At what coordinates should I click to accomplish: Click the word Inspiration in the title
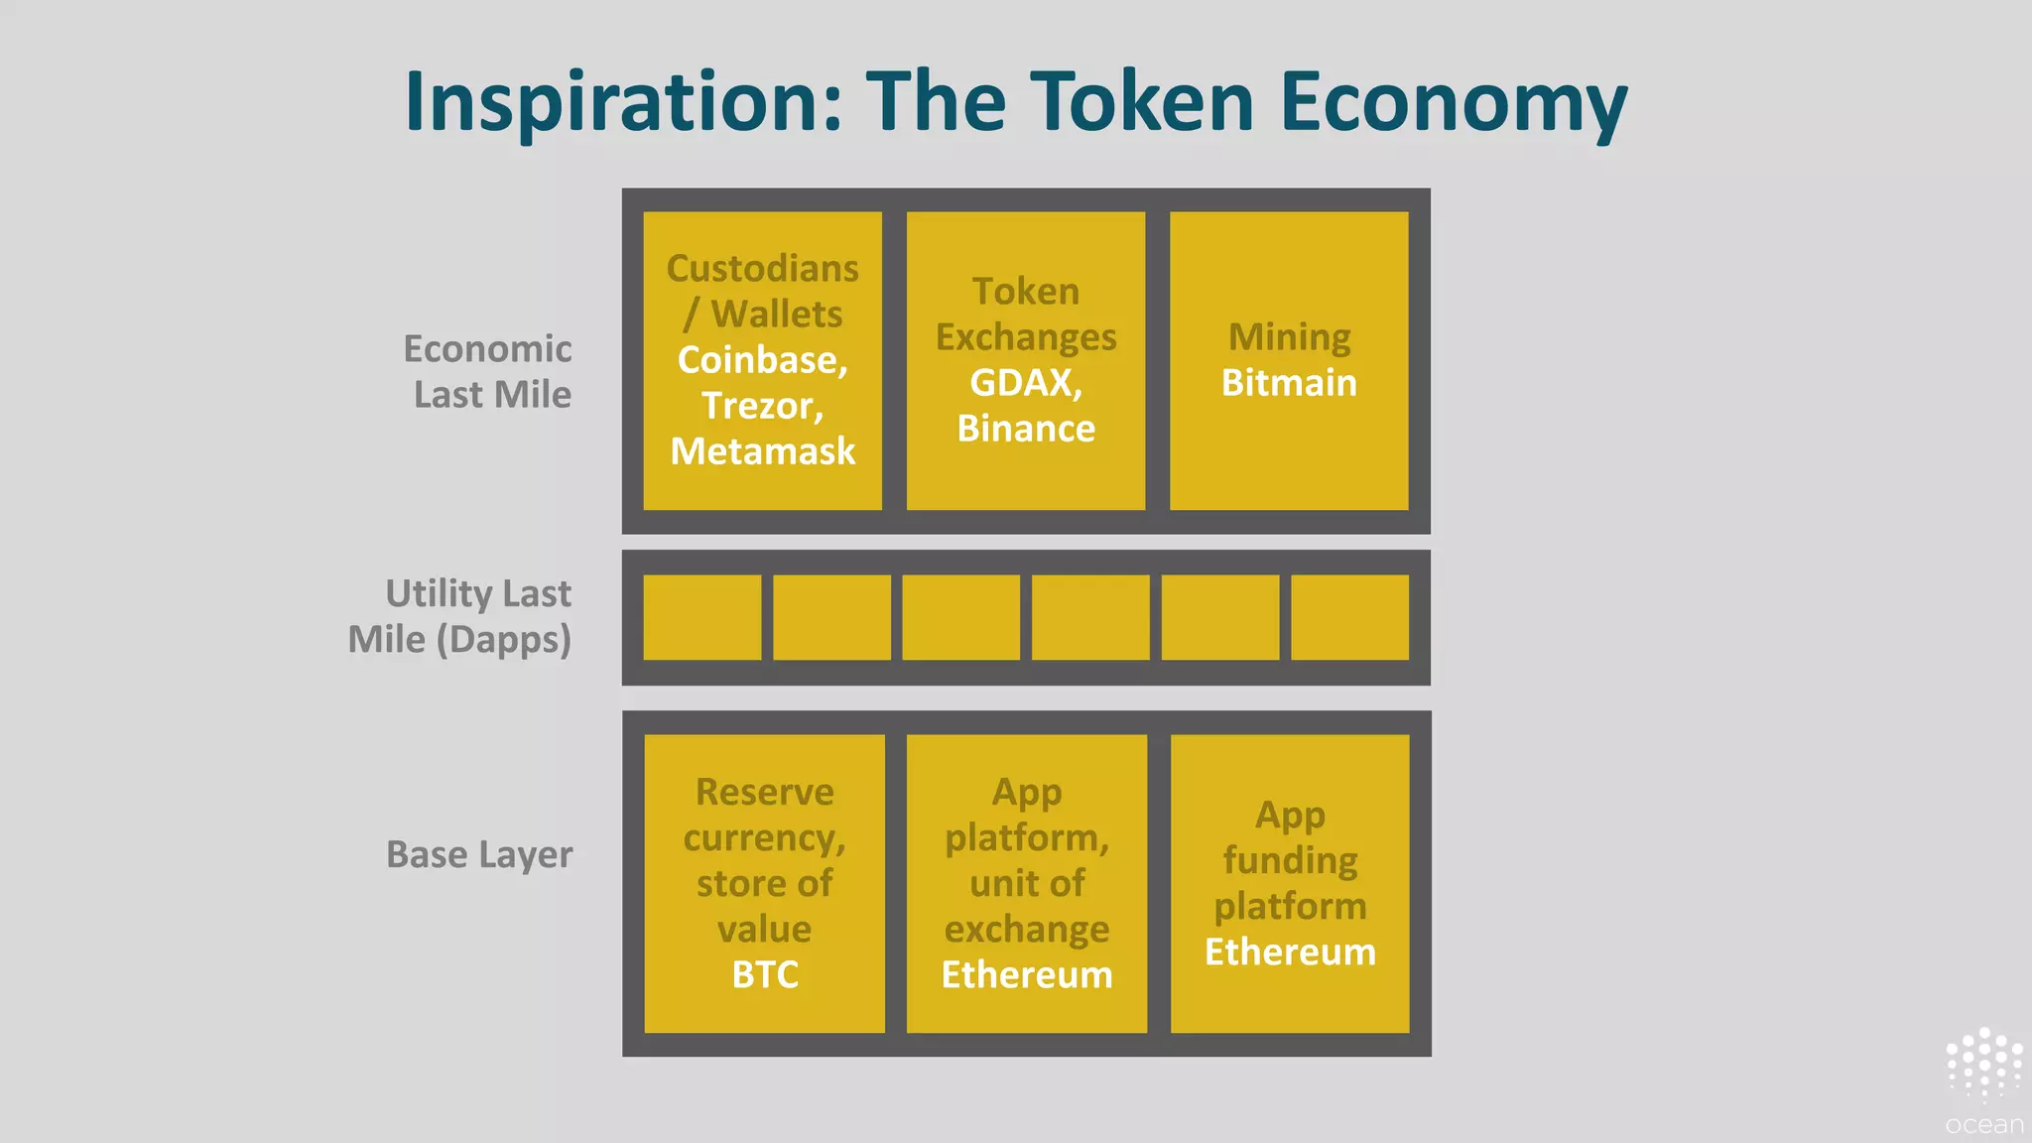tap(623, 102)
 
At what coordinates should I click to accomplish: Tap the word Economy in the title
tap(1454, 102)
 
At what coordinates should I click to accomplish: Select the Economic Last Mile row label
tap(488, 372)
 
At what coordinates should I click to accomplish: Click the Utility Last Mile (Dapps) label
tap(460, 616)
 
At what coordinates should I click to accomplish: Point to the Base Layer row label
tap(479, 854)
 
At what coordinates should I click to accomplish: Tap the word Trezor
tap(761, 406)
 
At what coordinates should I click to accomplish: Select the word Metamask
tap(762, 451)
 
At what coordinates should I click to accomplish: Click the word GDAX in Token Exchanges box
tap(1024, 383)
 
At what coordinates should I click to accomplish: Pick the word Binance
tap(1026, 429)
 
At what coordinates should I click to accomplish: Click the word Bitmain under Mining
tap(1289, 383)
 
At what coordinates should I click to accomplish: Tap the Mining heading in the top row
tap(1289, 337)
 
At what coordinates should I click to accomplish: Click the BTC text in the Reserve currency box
tap(765, 974)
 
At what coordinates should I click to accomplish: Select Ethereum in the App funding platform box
tap(1290, 952)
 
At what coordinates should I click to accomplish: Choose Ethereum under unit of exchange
tap(1027, 974)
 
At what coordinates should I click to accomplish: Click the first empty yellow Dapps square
tap(701, 617)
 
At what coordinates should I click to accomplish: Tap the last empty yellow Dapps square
tap(1349, 617)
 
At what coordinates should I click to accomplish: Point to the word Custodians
tap(762, 269)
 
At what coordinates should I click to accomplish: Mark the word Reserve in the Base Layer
tap(764, 792)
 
